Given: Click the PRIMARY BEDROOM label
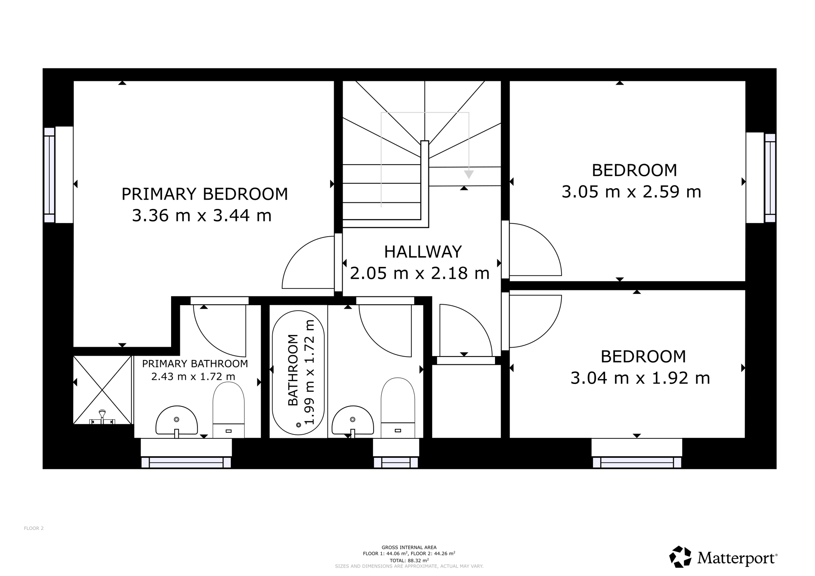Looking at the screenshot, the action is click(205, 194).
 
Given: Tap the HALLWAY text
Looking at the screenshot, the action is click(423, 252).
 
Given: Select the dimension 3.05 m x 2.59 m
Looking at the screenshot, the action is click(631, 192).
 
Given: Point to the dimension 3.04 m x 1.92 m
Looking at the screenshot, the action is click(640, 378).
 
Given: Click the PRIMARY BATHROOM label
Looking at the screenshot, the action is click(195, 364).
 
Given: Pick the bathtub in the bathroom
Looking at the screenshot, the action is click(298, 373).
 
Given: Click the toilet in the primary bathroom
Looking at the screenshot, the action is click(228, 410).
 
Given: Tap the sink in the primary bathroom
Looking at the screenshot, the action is click(176, 421).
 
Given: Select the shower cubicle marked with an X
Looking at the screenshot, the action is click(102, 390).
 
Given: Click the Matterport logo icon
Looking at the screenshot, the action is click(680, 557).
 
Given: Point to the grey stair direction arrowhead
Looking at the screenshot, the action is click(469, 174).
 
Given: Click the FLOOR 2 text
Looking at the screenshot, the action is click(34, 528).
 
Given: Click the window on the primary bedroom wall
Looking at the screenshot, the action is click(49, 175).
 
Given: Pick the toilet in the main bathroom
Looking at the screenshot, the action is click(398, 408).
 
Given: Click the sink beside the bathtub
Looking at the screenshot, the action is click(353, 421).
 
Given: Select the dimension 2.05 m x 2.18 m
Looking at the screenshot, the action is click(420, 273).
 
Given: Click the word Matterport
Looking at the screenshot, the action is click(737, 558).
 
